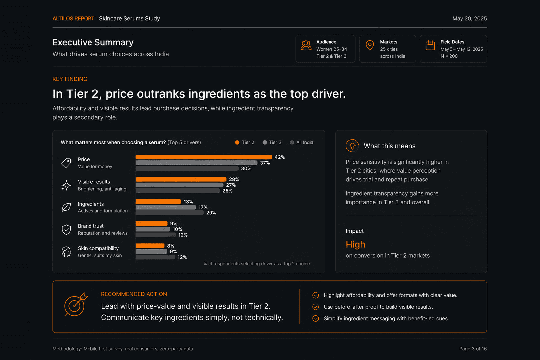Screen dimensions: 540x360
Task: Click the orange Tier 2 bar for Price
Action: [x=204, y=157]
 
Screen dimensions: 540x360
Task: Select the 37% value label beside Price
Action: [x=265, y=163]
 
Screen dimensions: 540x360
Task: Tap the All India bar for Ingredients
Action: [x=169, y=213]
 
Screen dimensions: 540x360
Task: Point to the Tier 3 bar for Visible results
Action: [x=179, y=185]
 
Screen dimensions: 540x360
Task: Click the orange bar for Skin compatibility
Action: [x=150, y=246]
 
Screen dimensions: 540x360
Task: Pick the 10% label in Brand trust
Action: [x=177, y=229]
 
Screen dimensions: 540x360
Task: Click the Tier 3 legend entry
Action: [x=272, y=142]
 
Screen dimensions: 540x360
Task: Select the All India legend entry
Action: [x=301, y=142]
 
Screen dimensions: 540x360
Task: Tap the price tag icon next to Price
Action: [x=66, y=163]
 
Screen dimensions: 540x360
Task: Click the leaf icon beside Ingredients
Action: [x=66, y=208]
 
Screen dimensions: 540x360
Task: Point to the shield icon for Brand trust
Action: [x=66, y=229]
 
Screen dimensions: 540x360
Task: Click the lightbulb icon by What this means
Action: [x=352, y=146]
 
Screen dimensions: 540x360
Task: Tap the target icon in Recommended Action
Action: [x=76, y=304]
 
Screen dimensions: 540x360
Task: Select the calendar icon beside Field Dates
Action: [x=430, y=45]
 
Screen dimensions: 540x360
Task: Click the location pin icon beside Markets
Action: [x=370, y=45]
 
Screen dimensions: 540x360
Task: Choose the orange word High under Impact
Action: [x=355, y=245]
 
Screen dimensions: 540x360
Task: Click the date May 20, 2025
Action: [x=470, y=19]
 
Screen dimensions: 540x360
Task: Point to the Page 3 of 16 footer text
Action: [x=473, y=349]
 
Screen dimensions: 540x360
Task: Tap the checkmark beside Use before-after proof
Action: [x=315, y=307]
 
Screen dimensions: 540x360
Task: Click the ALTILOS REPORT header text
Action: [x=73, y=19]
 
